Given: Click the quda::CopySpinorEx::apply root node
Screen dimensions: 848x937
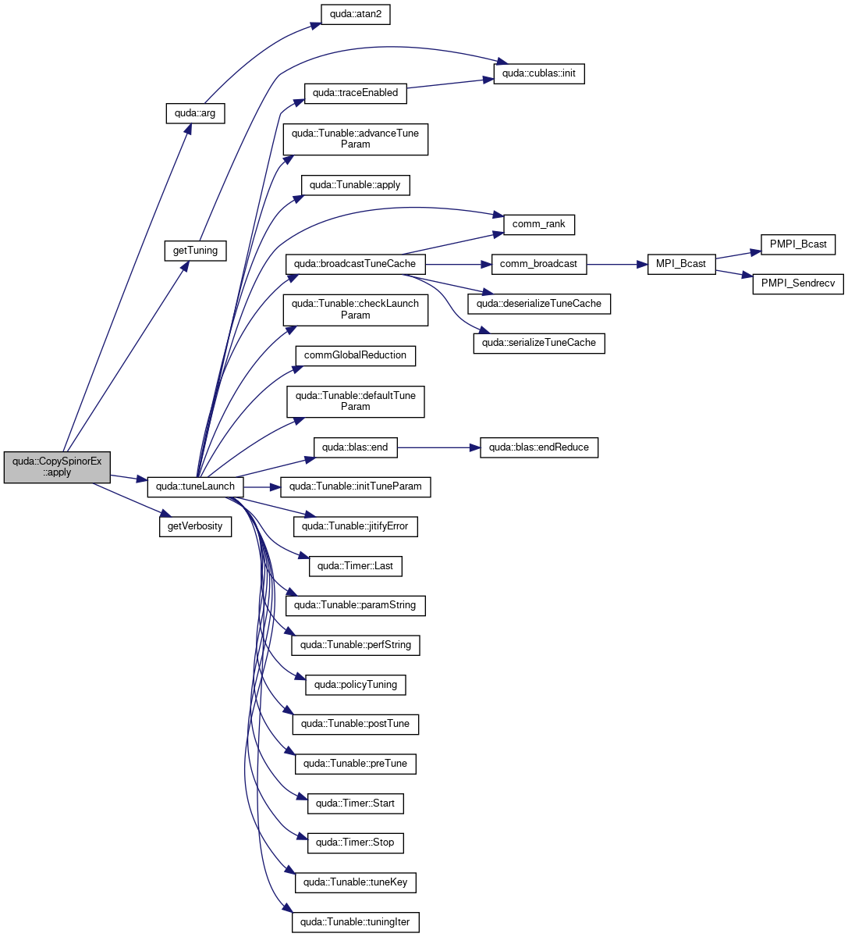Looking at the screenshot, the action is pos(57,467).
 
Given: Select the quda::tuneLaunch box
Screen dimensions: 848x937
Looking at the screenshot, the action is pos(195,486).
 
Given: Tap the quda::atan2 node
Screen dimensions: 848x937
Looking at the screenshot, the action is pos(356,15).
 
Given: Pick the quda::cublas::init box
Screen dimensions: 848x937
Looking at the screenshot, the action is pos(539,74).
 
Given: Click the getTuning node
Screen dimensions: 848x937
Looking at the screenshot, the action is pos(196,251).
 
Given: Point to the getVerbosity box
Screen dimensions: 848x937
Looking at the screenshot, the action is pos(196,526).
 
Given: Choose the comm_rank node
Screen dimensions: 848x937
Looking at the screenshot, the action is pos(539,225).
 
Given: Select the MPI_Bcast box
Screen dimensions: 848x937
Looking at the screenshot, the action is pos(681,265).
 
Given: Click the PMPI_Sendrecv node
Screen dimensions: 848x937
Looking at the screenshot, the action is pos(798,284).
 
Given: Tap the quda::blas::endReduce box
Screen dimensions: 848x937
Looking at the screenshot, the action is pos(539,448).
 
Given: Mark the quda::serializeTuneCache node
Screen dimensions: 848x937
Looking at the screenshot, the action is pos(539,344).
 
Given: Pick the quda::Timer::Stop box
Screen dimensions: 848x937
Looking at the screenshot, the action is pos(356,843).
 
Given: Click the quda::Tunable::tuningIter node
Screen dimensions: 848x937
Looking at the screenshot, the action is pos(356,922).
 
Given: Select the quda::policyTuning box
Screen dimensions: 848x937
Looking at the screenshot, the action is pos(356,685).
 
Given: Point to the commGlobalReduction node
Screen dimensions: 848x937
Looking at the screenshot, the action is pos(356,356).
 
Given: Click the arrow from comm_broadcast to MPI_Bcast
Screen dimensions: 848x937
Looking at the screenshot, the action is pos(617,265).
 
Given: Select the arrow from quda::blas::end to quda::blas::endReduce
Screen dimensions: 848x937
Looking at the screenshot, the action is pos(438,448).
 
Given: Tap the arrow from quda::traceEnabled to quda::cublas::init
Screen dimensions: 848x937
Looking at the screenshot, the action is pos(450,84).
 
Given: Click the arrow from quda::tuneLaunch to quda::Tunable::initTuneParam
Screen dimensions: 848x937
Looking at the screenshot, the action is pos(262,487).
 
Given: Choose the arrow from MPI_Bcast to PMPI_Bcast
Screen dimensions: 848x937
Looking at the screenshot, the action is pos(738,255).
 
